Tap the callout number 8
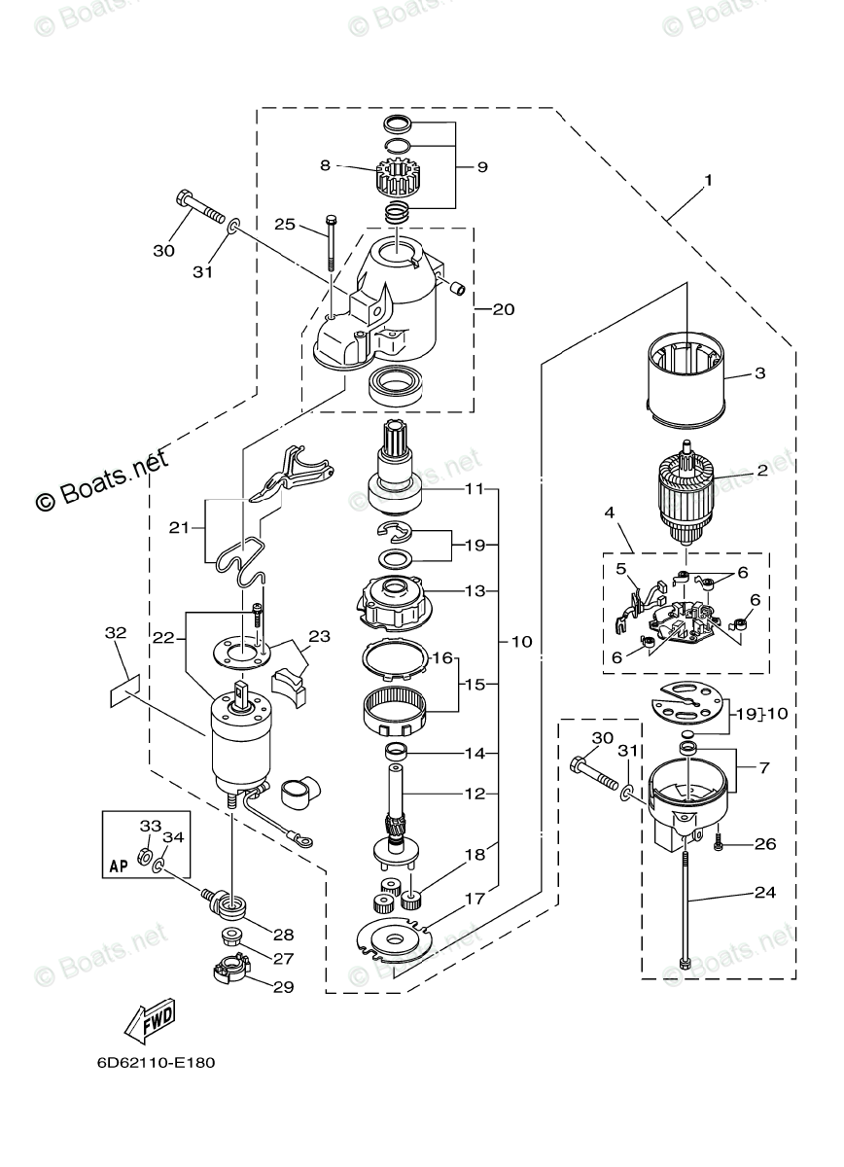coord(325,165)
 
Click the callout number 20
coord(504,309)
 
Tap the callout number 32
coord(116,633)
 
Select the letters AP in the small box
coord(119,866)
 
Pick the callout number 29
coord(283,987)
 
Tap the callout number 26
coord(765,844)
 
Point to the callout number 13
coord(475,591)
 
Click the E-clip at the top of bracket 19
coord(395,530)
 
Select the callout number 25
coord(285,225)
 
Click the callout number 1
coord(708,180)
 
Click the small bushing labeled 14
coord(396,752)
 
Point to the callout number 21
coord(179,528)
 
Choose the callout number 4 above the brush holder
coord(609,513)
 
